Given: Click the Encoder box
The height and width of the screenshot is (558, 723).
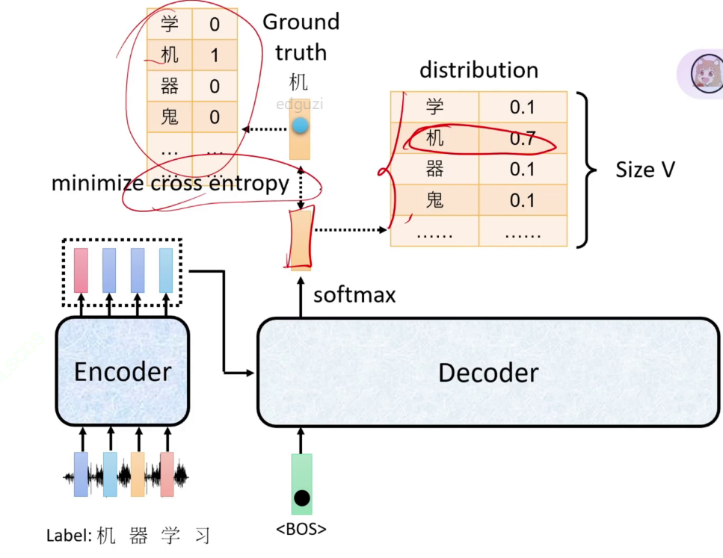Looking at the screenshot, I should click(122, 371).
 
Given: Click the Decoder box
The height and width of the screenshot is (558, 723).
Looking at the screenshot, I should click(487, 372).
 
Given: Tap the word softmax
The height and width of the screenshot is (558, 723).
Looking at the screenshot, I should click(354, 295).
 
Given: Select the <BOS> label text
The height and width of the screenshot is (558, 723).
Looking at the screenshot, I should click(301, 530).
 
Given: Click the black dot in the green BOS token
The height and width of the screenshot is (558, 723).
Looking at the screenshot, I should click(301, 497).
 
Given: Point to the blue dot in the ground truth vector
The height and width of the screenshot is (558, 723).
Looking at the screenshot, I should click(300, 126).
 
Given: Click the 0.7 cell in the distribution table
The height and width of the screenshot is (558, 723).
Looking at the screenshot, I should click(522, 138).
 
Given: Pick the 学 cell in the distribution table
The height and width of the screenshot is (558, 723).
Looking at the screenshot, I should click(434, 107).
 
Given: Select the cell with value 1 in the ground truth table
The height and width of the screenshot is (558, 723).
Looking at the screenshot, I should click(215, 55).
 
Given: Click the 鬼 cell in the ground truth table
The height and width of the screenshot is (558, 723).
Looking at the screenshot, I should click(170, 117).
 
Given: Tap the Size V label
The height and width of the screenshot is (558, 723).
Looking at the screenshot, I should click(645, 170).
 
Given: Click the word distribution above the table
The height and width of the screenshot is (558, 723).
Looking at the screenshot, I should click(479, 70).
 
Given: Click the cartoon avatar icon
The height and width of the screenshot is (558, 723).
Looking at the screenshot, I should click(706, 73).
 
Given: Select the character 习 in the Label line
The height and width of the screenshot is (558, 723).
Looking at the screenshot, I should click(201, 536).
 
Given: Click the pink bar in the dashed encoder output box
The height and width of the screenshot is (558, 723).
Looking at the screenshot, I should click(81, 270).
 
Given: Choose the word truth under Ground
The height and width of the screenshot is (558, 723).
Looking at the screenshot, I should click(301, 52).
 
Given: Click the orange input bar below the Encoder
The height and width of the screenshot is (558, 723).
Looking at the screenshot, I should click(138, 474).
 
